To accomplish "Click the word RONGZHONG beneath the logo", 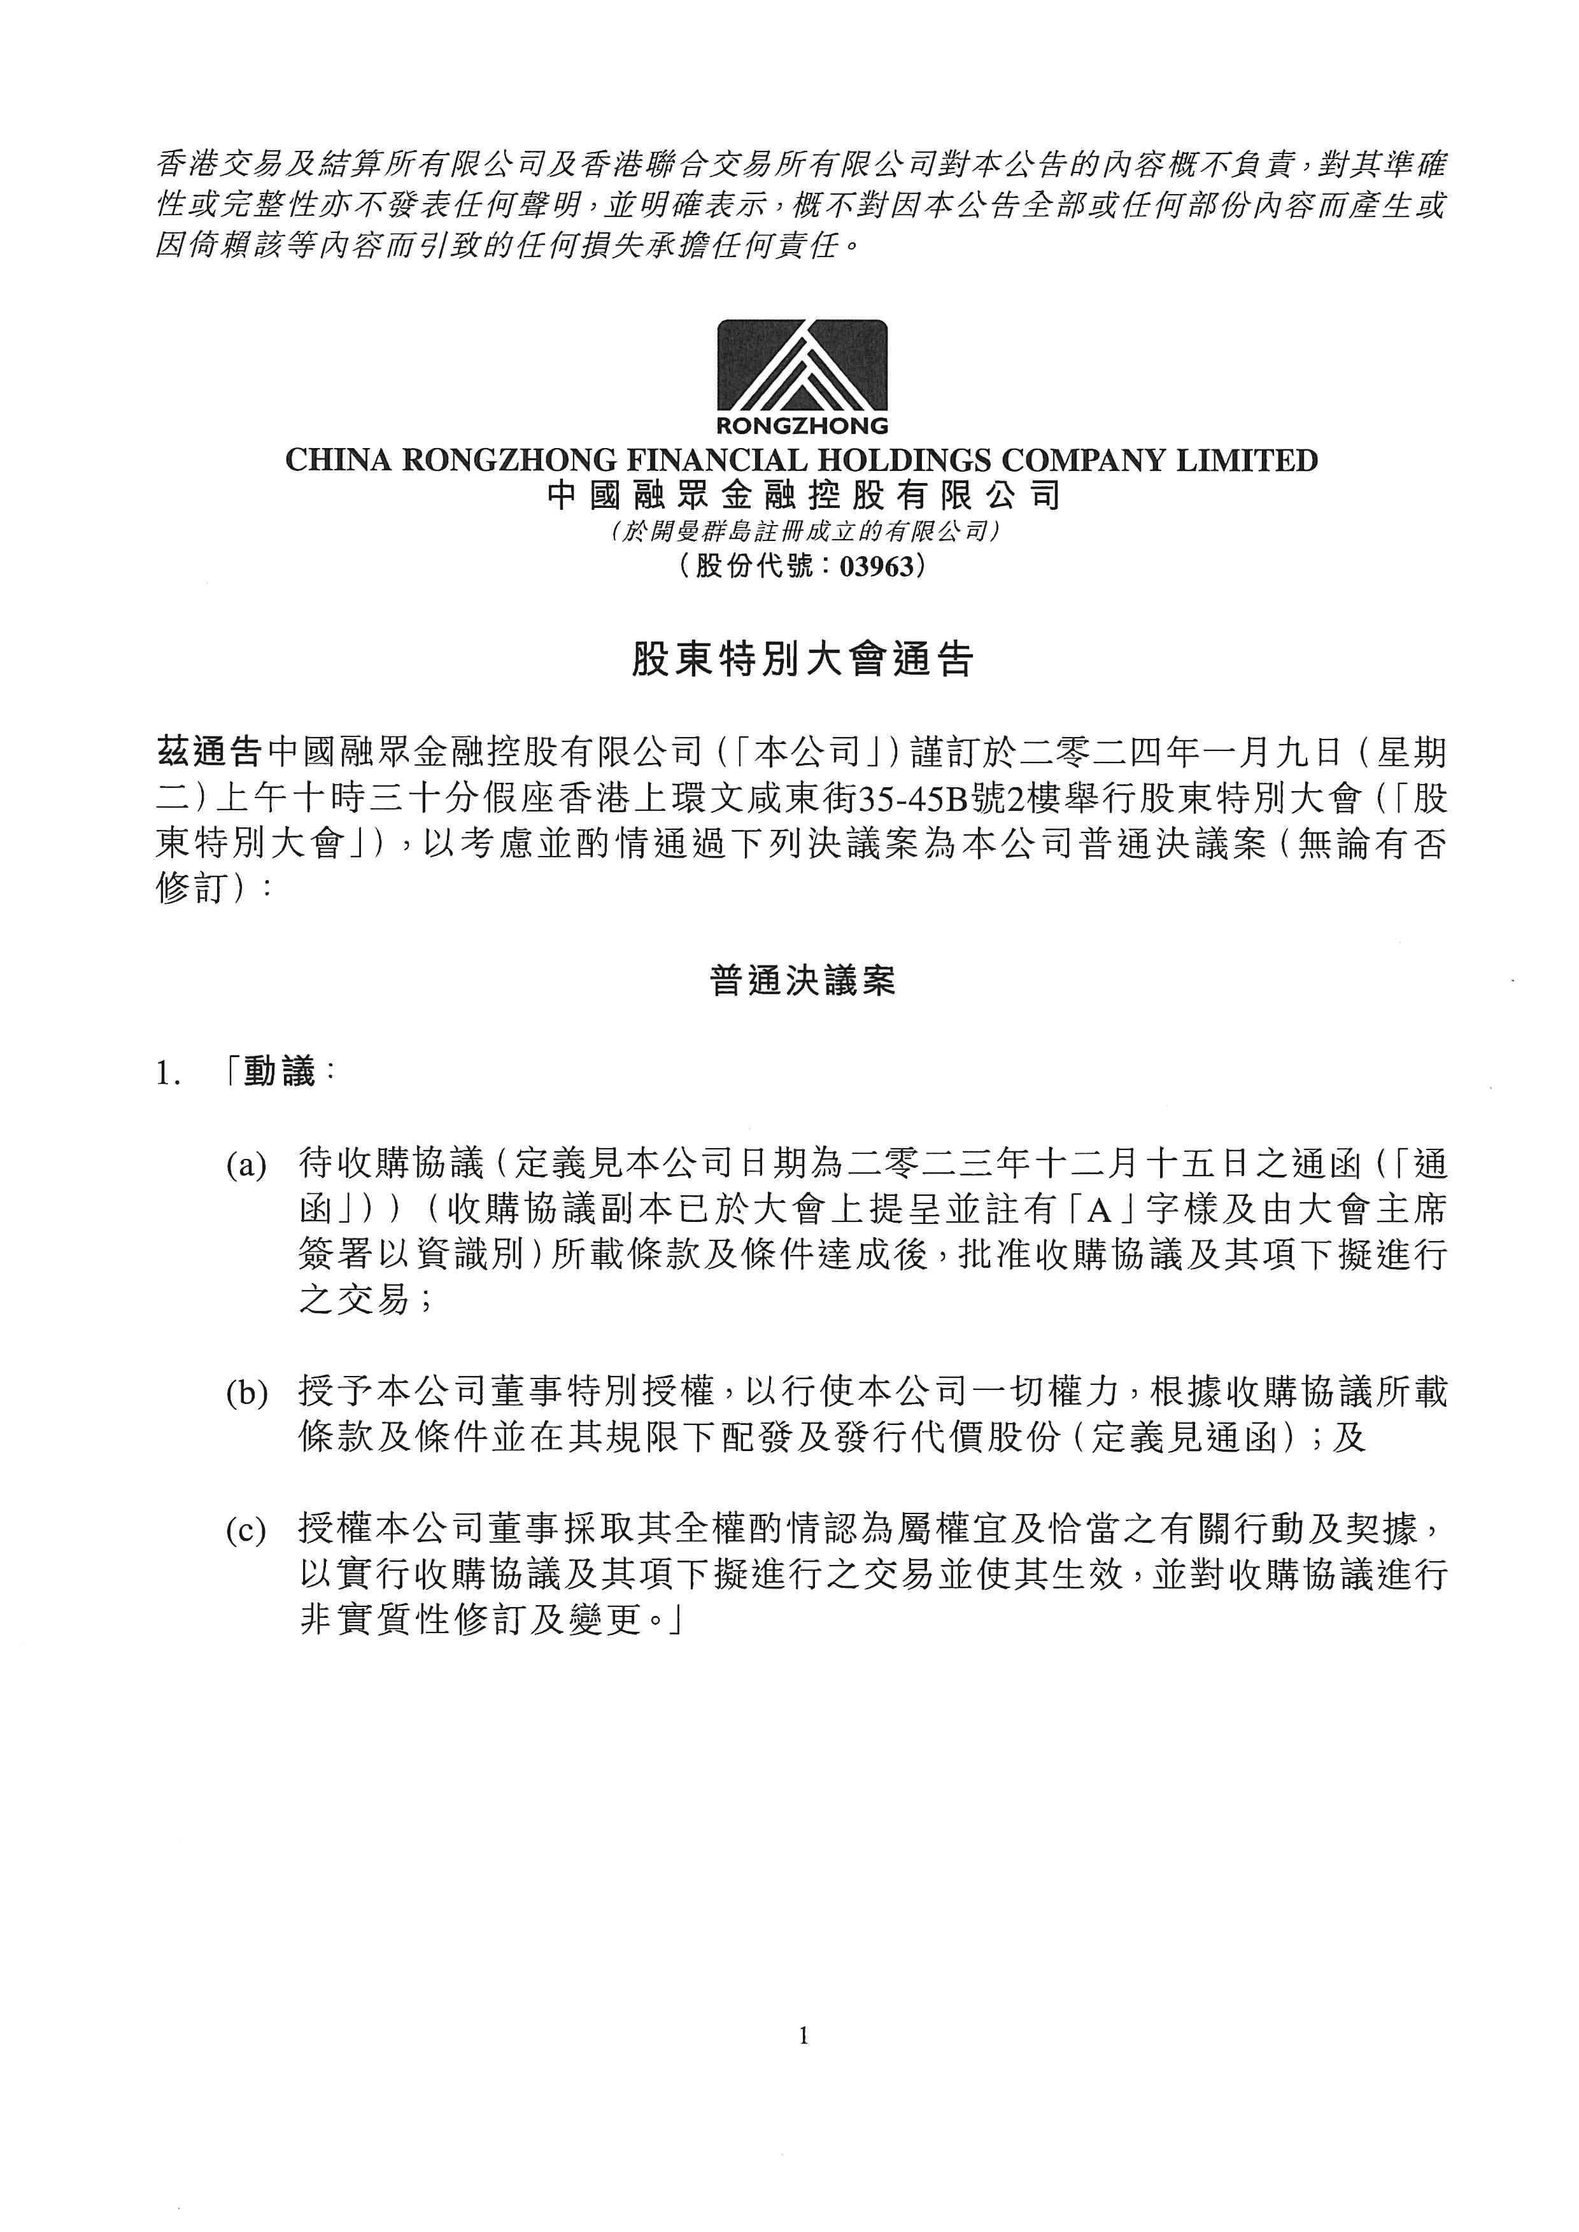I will tap(802, 425).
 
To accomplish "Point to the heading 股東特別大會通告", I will tap(802, 660).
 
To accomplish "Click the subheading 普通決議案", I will tap(802, 981).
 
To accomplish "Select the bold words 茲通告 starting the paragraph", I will tap(209, 752).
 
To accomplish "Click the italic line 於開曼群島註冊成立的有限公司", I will tap(802, 531).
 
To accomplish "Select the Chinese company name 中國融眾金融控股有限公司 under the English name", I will tap(802, 496).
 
